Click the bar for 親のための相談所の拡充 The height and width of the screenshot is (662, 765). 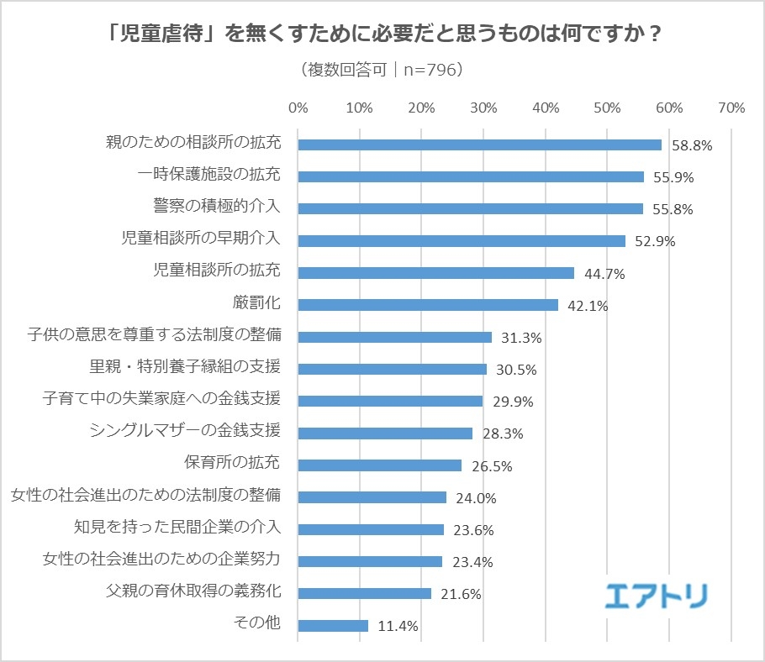point(479,144)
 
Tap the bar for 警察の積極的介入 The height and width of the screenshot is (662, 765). point(470,208)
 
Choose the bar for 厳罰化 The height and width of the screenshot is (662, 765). point(428,305)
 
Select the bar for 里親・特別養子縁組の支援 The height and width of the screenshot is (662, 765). point(392,369)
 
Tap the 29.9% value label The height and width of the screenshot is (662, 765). point(513,402)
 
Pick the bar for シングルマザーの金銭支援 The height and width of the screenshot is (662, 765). point(385,433)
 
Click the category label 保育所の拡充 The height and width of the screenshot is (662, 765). point(232,463)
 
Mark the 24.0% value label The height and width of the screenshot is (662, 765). point(476,498)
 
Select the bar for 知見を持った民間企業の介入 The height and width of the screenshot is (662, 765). point(371,529)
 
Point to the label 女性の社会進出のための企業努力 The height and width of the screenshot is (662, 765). point(161,559)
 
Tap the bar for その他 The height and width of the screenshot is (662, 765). point(333,626)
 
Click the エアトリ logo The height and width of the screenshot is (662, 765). point(657,594)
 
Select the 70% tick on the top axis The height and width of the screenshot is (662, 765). point(731,108)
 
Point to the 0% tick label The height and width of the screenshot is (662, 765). point(298,108)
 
